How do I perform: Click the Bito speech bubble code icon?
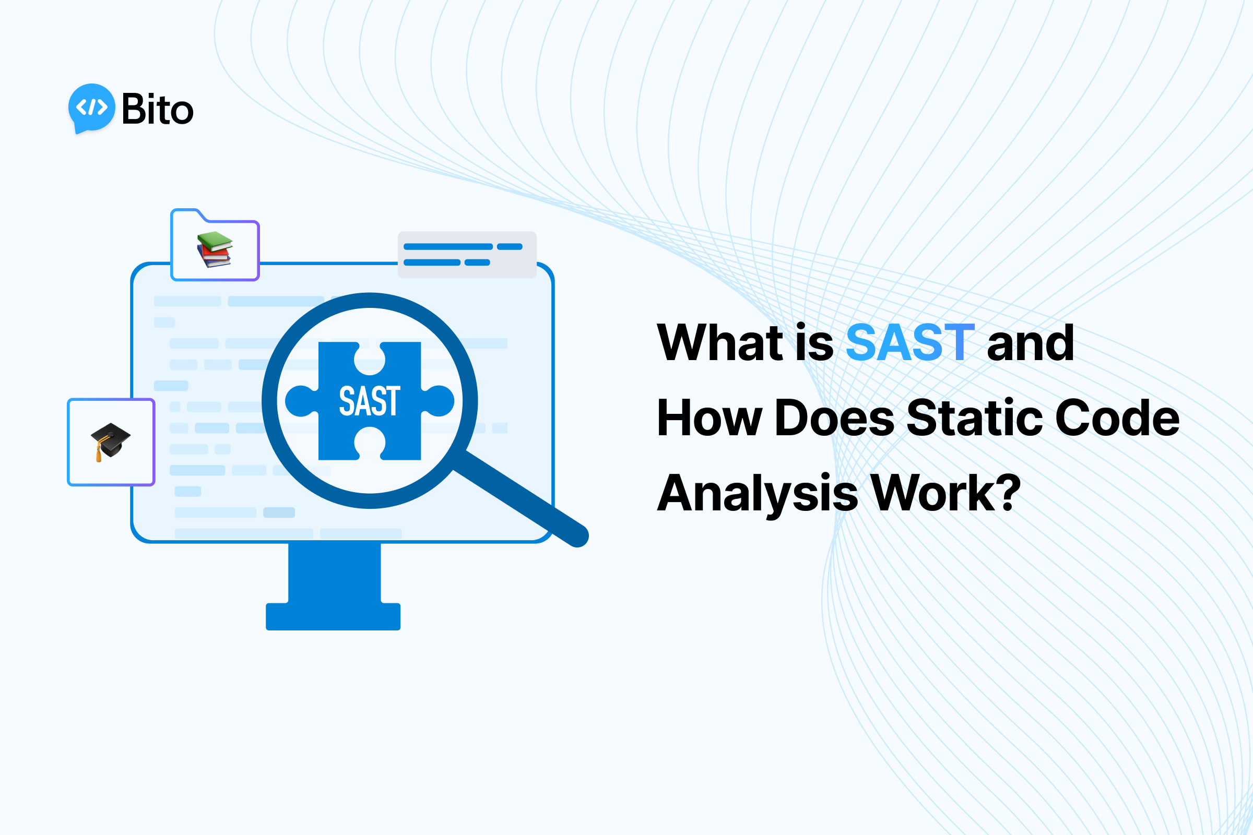click(x=92, y=108)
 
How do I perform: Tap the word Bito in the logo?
click(x=158, y=110)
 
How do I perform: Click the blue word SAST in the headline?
click(x=909, y=342)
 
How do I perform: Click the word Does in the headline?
click(x=834, y=418)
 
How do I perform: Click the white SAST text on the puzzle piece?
click(x=370, y=401)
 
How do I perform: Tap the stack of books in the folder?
click(x=215, y=249)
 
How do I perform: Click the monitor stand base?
click(x=333, y=616)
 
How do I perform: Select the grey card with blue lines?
click(x=467, y=255)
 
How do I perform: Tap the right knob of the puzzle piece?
click(x=440, y=401)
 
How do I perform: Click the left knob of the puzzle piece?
click(x=299, y=401)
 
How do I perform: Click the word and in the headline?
click(x=1030, y=342)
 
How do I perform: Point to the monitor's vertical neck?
click(x=335, y=572)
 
